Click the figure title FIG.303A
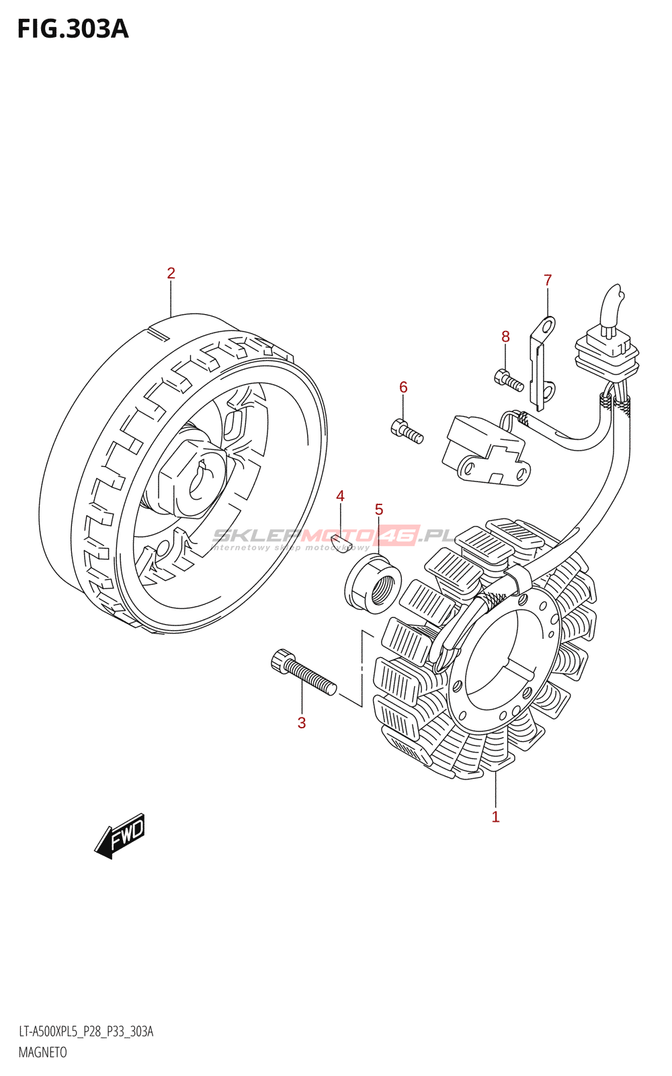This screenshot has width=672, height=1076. [73, 30]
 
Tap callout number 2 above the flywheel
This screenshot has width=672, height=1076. [171, 273]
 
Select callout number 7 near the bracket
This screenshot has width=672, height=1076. [548, 280]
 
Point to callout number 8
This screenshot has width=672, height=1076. [505, 336]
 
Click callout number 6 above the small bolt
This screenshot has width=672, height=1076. [403, 387]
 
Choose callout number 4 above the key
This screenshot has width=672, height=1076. [340, 496]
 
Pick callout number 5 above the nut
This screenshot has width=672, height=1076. [379, 510]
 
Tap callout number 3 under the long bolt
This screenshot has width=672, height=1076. [302, 723]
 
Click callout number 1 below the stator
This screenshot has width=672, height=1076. [495, 817]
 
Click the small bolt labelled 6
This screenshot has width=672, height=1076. [406, 430]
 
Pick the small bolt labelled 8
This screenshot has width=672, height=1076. [509, 380]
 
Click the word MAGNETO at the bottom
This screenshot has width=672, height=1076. [42, 1052]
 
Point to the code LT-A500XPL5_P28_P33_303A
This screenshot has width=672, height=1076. [86, 1032]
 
